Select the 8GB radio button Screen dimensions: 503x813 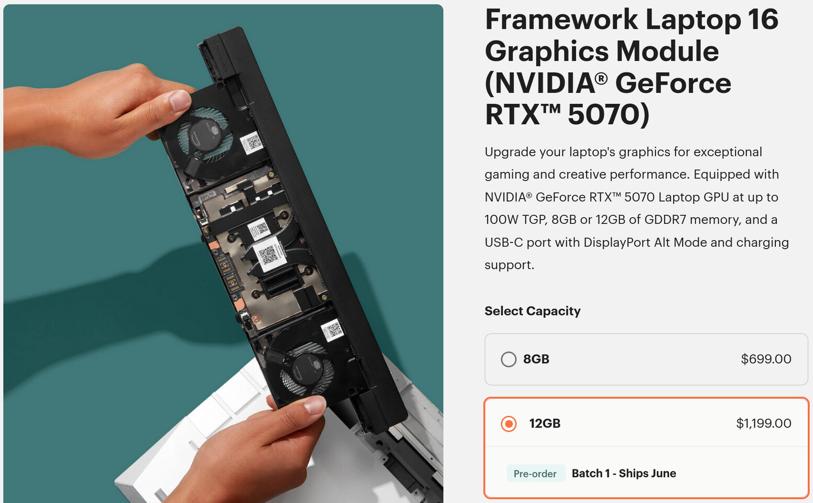[509, 359]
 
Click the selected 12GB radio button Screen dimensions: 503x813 [509, 423]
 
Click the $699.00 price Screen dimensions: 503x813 [766, 359]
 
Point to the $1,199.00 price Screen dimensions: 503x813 [763, 423]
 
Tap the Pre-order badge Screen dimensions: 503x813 [535, 474]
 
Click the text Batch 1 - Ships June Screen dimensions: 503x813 [624, 474]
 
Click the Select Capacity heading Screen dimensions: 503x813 [532, 311]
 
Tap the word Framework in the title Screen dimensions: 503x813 [561, 20]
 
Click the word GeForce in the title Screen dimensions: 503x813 [673, 83]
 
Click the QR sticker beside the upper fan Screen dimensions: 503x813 [252, 142]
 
